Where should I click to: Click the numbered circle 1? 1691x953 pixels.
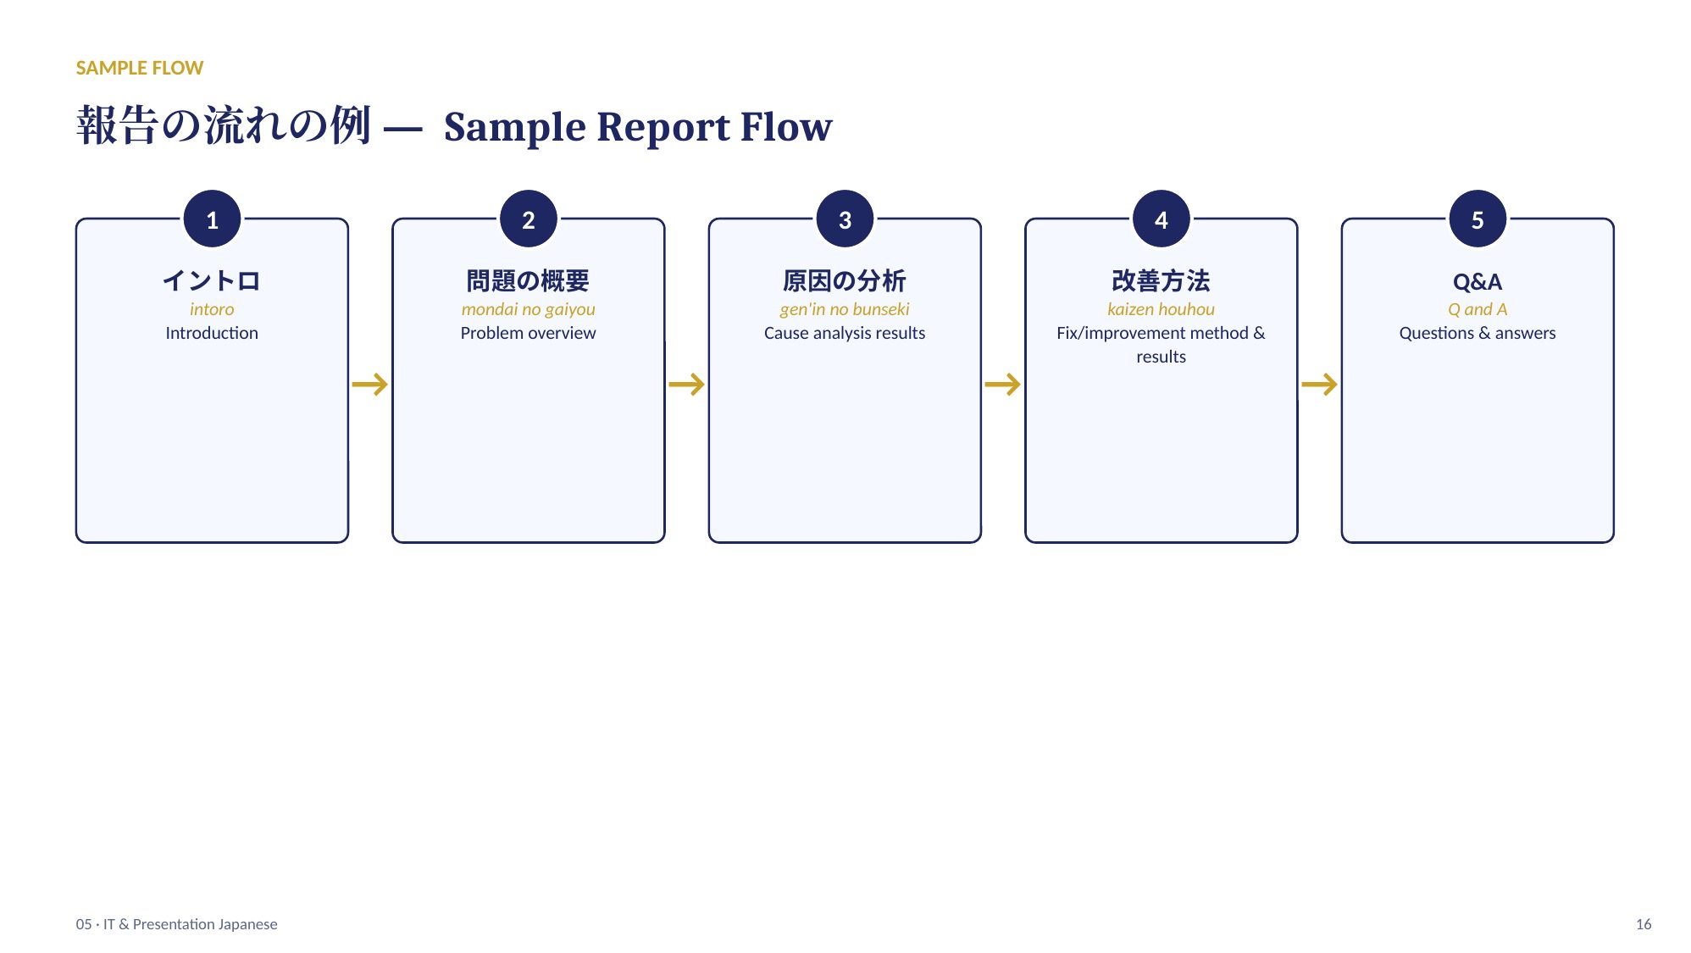[212, 219]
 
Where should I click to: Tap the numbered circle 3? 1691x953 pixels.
[845, 219]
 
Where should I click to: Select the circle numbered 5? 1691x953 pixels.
[1478, 219]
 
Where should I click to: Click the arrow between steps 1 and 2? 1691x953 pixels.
[370, 385]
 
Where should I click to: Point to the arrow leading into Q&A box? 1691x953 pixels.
[1319, 385]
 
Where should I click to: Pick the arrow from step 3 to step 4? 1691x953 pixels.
[1003, 385]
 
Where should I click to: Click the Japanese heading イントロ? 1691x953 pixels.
[212, 280]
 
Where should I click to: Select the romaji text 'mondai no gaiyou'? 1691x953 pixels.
[528, 309]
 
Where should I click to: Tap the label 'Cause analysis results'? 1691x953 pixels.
[845, 333]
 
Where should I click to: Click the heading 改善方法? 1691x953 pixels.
[1161, 280]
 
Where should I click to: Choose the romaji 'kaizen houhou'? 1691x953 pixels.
[1161, 309]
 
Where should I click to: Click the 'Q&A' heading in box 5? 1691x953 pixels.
[1478, 281]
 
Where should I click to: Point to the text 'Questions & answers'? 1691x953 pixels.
[1478, 333]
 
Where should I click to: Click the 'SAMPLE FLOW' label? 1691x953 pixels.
[140, 68]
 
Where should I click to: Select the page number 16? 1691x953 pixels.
[1644, 924]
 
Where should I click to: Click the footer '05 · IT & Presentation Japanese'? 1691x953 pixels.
[176, 924]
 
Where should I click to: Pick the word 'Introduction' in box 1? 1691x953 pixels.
[212, 333]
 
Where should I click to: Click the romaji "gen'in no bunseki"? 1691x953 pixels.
[845, 309]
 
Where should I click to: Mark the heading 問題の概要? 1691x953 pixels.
[528, 280]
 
